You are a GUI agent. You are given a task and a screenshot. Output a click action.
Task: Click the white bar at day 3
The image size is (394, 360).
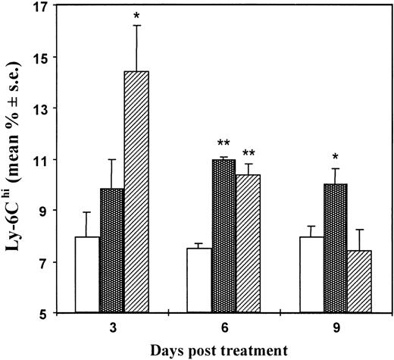coord(88,274)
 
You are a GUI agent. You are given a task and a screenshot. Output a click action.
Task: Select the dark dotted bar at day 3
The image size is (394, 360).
coord(112,250)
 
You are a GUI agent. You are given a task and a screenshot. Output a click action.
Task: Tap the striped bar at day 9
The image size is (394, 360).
coord(361,281)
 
